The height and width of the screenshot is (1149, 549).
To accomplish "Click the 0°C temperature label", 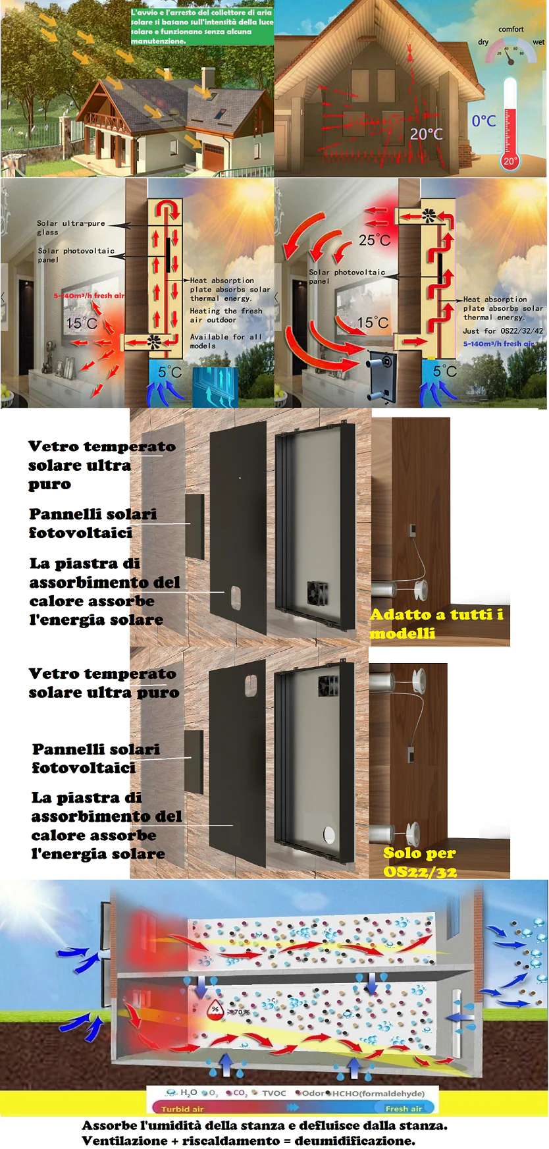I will click(x=484, y=121).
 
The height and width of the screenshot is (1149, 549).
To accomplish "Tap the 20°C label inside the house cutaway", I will click(x=427, y=134).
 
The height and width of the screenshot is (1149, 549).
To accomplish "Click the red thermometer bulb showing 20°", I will click(x=510, y=160).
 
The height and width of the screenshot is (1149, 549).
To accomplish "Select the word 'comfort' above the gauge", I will click(x=511, y=29).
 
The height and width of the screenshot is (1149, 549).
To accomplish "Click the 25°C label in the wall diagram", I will click(x=374, y=241).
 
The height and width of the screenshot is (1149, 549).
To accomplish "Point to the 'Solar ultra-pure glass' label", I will click(x=70, y=227).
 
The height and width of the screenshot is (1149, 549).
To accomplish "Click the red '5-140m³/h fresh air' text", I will click(x=88, y=296).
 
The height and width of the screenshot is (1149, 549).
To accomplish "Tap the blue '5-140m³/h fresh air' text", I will click(x=498, y=344).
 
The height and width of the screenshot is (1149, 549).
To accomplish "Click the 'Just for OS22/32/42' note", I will click(x=503, y=331).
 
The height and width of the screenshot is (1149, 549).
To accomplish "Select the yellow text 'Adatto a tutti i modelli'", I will click(x=436, y=623).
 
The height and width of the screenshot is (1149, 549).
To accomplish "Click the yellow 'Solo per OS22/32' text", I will click(x=420, y=861).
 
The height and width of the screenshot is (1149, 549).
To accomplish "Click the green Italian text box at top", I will click(x=201, y=26).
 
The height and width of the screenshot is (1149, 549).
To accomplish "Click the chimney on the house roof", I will click(x=208, y=78).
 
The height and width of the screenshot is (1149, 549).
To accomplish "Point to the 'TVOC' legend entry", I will click(x=274, y=1093).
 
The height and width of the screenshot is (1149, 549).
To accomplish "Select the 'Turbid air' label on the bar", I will click(x=182, y=1109).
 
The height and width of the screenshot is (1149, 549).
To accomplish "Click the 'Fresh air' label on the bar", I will click(x=403, y=1109).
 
